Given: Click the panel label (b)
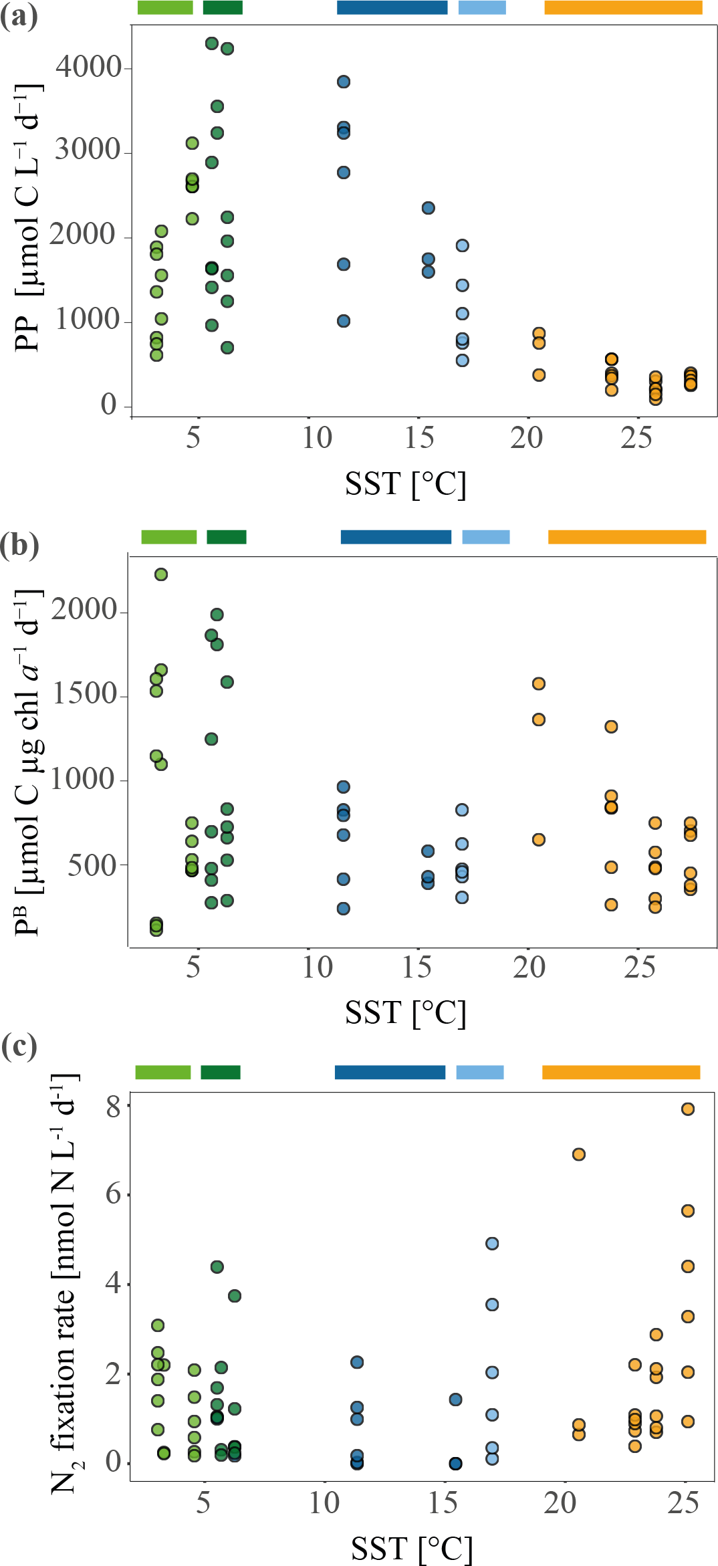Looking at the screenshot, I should (x=19, y=545).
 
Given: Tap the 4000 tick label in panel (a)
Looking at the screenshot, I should (x=88, y=67).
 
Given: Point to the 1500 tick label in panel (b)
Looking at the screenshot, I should (x=85, y=694).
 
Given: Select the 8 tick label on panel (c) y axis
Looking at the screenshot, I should (x=114, y=1107).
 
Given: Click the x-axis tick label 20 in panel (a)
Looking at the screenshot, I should (x=527, y=438).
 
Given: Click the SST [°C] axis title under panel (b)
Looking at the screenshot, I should (x=405, y=1013).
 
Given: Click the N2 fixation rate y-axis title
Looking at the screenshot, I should (x=65, y=1284).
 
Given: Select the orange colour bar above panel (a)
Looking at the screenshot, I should (x=623, y=7).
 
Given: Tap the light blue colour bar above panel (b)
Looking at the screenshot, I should (x=486, y=537).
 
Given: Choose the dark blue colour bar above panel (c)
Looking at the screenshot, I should (x=390, y=1072).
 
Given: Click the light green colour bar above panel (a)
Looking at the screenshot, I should (x=165, y=7).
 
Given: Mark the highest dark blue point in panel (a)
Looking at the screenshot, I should (x=344, y=82).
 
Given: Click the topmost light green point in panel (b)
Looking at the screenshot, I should (x=161, y=574).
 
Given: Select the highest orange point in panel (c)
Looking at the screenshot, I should (x=687, y=1109).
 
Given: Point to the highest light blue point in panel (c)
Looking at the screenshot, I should (x=492, y=1243).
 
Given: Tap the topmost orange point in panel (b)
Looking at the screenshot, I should (x=538, y=683).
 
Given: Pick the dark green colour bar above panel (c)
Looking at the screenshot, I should (x=221, y=1072).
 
